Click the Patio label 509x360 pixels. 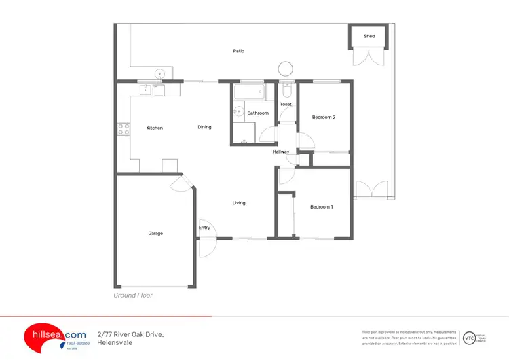tap(238, 51)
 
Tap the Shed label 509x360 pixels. tap(369, 36)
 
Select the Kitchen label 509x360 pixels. tap(155, 128)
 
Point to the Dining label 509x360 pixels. tap(204, 127)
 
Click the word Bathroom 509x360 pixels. tap(258, 113)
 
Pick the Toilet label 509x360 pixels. tap(286, 105)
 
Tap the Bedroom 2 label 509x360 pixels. tap(324, 118)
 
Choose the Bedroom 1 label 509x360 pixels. tap(322, 206)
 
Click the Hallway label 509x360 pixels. tap(281, 151)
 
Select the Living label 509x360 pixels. tap(239, 203)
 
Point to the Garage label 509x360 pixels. tap(155, 233)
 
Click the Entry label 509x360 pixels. tap(204, 228)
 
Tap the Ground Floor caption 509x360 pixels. tap(133, 295)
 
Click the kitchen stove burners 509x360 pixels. tap(124, 128)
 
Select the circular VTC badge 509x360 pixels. tap(469, 338)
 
